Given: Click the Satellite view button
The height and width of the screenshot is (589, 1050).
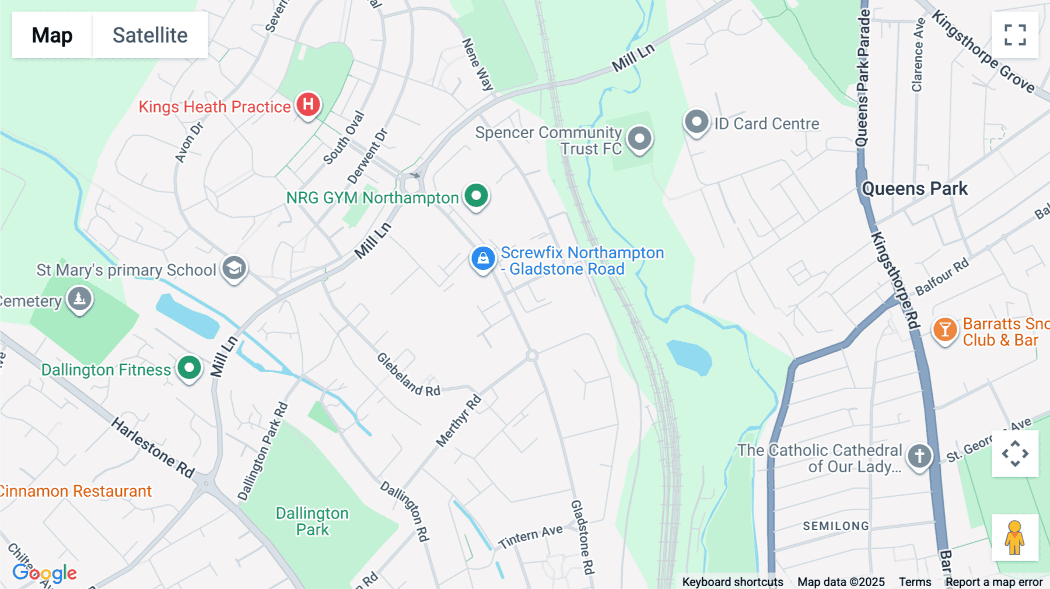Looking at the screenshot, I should [x=150, y=35].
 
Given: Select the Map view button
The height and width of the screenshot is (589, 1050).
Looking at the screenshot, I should [x=52, y=35].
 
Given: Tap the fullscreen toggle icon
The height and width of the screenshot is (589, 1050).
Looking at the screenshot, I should [x=1015, y=35].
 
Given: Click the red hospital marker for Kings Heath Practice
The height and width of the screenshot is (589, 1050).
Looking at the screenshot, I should [x=308, y=105].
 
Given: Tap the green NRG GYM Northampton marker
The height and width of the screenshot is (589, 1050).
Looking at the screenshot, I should [x=476, y=196].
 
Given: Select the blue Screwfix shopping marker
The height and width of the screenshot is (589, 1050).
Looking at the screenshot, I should [x=483, y=258].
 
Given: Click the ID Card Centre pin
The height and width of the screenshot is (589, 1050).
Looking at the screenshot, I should [x=696, y=122].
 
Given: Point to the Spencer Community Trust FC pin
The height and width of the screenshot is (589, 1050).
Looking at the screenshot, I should [x=639, y=139].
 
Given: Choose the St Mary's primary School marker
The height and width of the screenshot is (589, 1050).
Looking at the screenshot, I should [x=234, y=268].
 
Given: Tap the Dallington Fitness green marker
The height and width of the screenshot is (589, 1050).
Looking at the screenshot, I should [x=189, y=368].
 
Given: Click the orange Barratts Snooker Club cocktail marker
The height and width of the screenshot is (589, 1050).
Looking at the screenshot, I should [x=944, y=330].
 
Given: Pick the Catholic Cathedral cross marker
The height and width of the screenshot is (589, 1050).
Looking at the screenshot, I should [x=919, y=456].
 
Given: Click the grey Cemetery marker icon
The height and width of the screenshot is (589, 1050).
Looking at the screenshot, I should [x=79, y=299].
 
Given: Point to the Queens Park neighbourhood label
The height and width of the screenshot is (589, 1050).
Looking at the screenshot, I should [x=914, y=189].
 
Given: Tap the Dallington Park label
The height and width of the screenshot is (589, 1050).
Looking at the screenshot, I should [x=312, y=521].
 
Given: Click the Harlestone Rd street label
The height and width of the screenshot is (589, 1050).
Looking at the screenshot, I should [x=153, y=447].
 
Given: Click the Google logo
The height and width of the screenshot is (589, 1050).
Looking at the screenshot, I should [x=44, y=573].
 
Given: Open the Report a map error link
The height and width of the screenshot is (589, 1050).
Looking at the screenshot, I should [x=994, y=582].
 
